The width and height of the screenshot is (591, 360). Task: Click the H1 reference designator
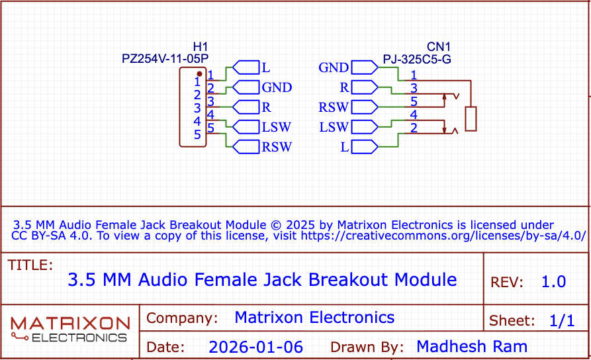coord(200,46)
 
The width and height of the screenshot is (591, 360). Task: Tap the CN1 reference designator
coord(438,46)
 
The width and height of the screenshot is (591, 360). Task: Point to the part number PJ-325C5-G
coord(417,60)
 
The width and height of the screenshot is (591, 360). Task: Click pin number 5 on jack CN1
coord(414,101)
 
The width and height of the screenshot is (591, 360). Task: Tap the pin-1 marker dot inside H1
coord(199,73)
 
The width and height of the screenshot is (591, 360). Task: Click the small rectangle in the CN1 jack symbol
coord(471,119)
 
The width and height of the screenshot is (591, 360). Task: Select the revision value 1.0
coord(553,282)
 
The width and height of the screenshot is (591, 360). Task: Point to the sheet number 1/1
coord(562,322)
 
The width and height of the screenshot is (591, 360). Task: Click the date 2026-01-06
coord(255,347)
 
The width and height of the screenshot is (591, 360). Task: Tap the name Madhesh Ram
coord(471,347)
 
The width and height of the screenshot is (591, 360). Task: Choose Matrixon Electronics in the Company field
coord(314,318)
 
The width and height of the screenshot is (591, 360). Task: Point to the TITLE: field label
coord(30,265)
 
